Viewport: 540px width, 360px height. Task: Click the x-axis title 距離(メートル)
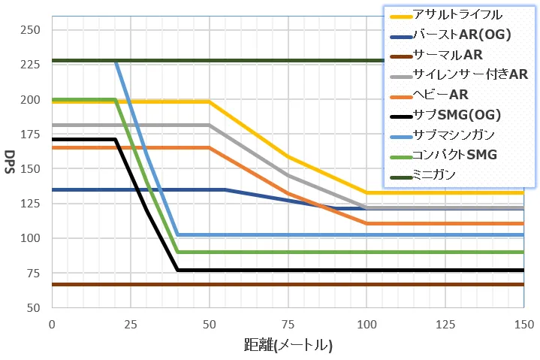pyautogui.click(x=288, y=346)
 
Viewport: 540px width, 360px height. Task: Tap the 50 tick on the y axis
pyautogui.click(x=35, y=307)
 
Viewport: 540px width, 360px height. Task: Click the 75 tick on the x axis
pyautogui.click(x=288, y=324)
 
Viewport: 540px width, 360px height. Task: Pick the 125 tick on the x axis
pyautogui.click(x=445, y=324)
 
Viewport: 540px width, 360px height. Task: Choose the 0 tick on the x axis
pyautogui.click(x=52, y=324)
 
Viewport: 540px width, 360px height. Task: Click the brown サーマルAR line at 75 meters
pyautogui.click(x=288, y=284)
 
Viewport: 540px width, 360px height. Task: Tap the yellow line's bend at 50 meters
pyautogui.click(x=209, y=101)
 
